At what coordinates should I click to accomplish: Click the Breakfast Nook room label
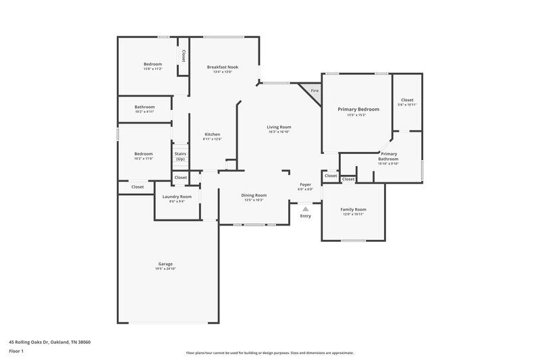point(223,67)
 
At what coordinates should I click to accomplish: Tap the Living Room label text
point(279,127)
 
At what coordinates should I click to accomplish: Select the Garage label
point(165,263)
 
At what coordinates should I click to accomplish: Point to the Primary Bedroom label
point(358,109)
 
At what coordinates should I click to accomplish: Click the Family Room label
point(353,209)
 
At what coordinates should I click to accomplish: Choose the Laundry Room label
point(177,197)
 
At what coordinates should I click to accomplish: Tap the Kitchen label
point(212,134)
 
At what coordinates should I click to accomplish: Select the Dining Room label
point(254,195)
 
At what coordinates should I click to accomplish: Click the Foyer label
point(306,184)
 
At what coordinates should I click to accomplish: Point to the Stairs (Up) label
point(180,156)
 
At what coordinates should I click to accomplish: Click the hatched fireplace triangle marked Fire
point(313,91)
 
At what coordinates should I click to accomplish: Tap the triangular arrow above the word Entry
point(305,209)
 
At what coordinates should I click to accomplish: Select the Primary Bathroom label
point(388,156)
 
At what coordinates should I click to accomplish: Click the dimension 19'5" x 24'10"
point(165,269)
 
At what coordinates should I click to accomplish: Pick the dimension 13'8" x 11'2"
point(153,69)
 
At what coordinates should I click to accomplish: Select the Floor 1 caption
point(16,352)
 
